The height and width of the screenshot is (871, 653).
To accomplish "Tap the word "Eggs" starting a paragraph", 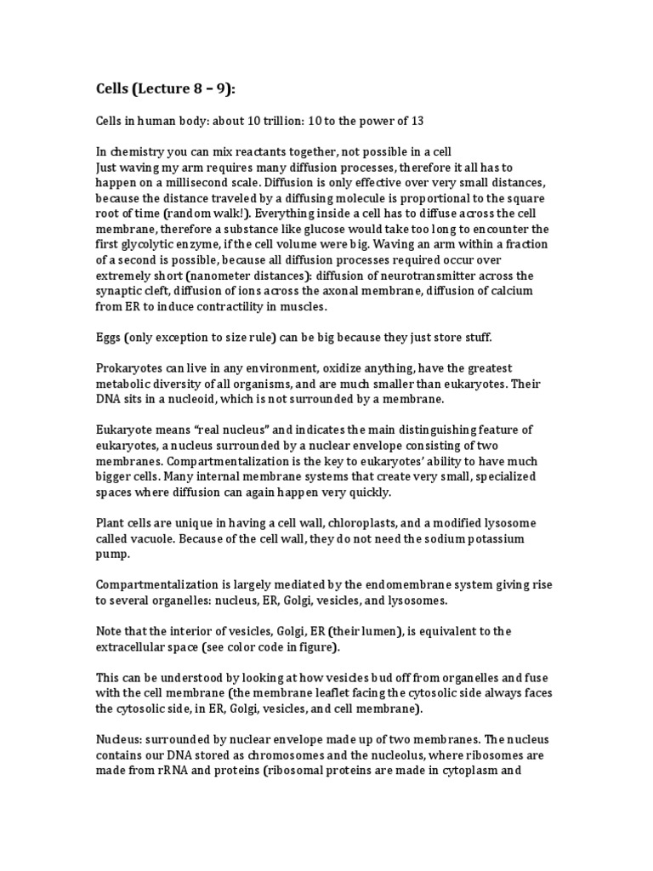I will [x=108, y=337].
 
